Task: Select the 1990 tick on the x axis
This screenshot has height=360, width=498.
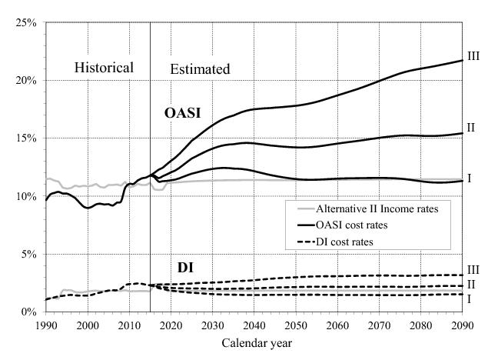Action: point(46,325)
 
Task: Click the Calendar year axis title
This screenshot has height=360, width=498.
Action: point(254,342)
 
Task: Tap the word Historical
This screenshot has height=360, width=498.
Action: point(104,68)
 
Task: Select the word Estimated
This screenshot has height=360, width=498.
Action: point(199,69)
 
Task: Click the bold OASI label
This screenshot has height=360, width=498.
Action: point(183,113)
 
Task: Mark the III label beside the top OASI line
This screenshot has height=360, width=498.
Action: point(473,55)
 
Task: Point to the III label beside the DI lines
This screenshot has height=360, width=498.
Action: point(473,270)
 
